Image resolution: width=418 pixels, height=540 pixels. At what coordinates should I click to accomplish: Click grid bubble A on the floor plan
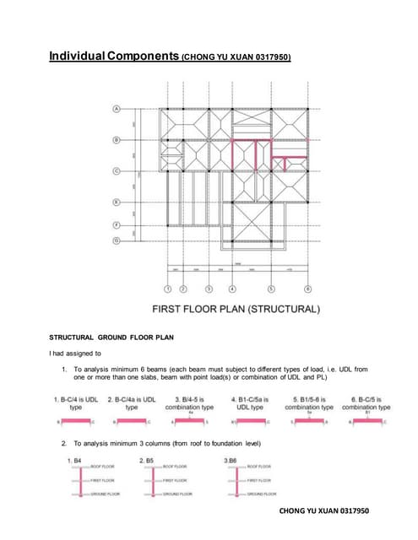117,108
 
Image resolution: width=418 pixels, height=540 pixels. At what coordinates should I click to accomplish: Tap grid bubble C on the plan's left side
117,171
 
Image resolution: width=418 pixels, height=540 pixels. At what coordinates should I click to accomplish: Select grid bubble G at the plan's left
117,240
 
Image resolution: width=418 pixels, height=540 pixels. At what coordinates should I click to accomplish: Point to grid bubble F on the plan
117,224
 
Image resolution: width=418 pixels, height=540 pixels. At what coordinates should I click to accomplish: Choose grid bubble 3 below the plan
209,289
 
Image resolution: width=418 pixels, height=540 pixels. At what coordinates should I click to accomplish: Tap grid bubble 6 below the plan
308,289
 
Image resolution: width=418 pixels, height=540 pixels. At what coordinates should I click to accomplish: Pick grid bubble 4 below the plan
231,289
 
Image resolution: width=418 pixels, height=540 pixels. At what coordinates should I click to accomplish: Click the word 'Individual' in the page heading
77,57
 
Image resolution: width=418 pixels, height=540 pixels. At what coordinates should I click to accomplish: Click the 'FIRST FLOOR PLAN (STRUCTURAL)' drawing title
236,309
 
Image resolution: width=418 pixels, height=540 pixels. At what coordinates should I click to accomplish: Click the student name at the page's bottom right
323,511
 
